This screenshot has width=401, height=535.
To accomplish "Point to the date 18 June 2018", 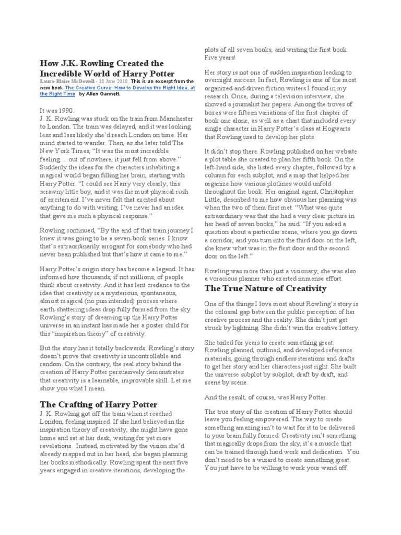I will pos(113,82).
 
